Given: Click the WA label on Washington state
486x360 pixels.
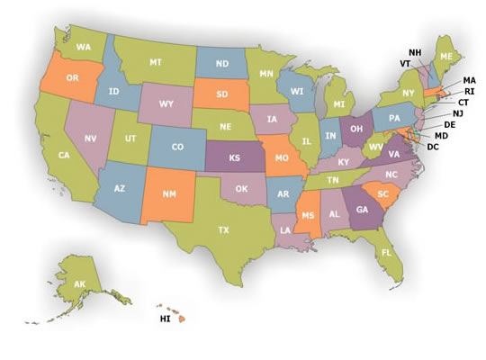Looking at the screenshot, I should pos(83,46).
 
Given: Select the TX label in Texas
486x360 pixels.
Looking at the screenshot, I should pos(223,229).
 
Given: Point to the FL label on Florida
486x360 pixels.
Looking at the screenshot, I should pos(385,253).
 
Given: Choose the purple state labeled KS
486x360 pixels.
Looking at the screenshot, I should pos(233,157).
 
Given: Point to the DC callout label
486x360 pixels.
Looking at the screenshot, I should pos(432,147).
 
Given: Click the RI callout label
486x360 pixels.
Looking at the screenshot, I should pos(469,91).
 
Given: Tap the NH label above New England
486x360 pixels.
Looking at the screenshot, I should pos(414,52).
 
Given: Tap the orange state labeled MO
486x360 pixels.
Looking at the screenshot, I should pos(282,158).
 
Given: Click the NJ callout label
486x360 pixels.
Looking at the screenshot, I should pos(458,113).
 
